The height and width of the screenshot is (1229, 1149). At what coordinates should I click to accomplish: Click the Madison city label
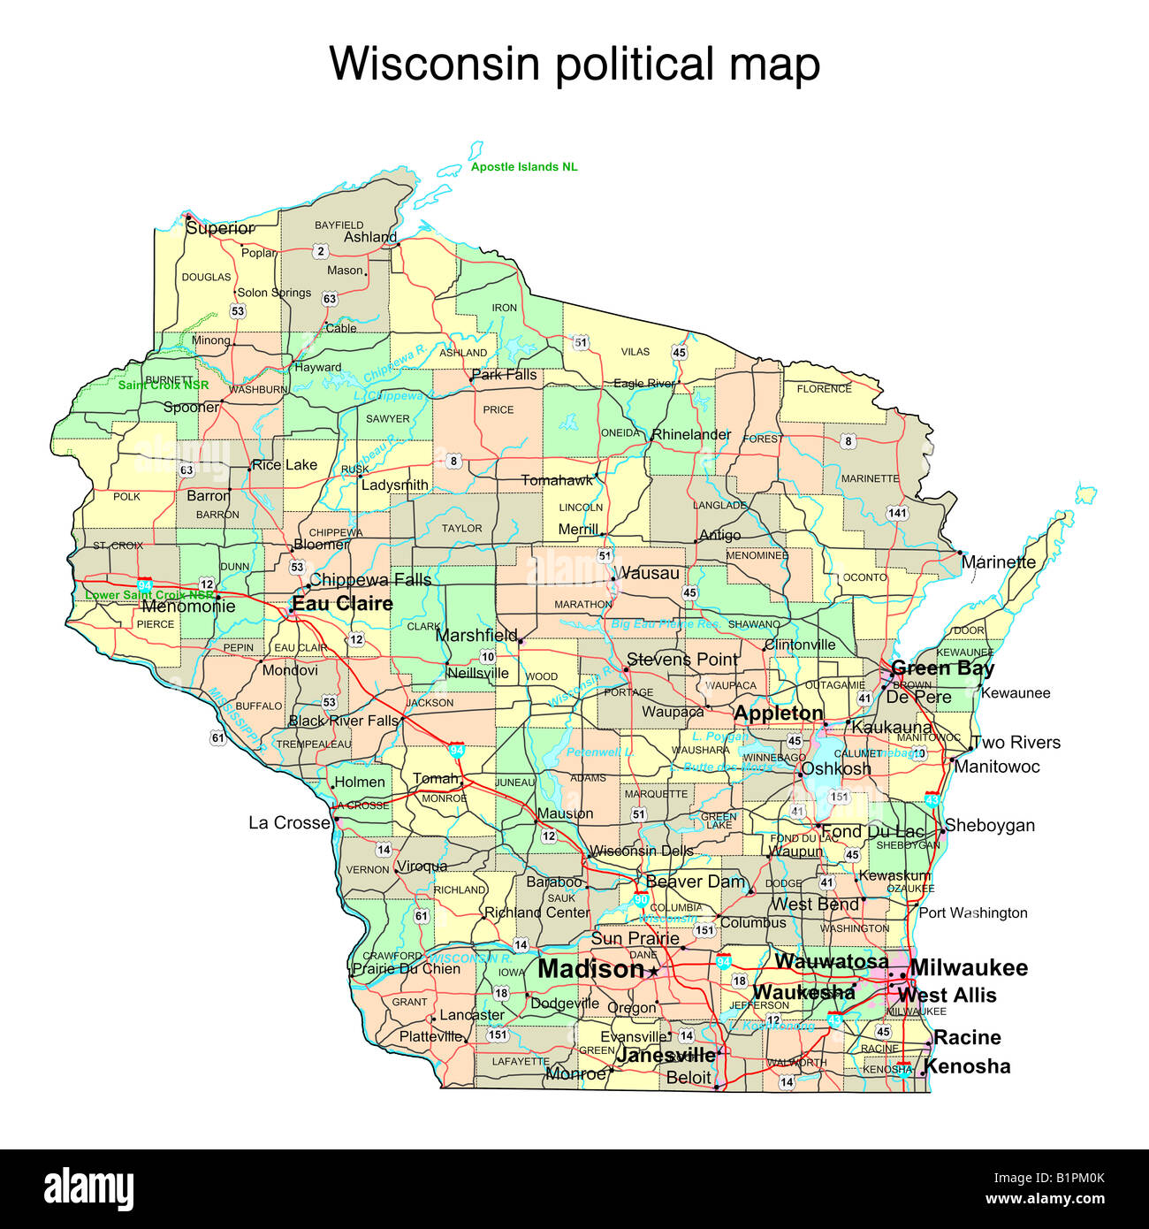click(590, 969)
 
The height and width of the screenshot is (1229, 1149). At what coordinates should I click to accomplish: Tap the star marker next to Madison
click(653, 972)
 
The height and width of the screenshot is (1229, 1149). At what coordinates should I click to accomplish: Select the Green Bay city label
click(942, 668)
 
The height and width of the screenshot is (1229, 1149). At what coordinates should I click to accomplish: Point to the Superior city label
click(220, 228)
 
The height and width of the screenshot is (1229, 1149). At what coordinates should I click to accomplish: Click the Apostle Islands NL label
click(524, 167)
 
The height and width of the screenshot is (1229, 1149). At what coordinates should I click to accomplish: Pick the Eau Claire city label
click(342, 604)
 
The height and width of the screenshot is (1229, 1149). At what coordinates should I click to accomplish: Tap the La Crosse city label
click(289, 823)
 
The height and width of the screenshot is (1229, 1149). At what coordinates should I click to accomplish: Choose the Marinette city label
click(998, 562)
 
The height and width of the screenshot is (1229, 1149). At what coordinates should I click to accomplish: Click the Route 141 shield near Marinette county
click(897, 513)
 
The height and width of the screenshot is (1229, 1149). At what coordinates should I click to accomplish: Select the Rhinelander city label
click(691, 435)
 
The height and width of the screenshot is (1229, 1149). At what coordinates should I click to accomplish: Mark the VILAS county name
click(635, 352)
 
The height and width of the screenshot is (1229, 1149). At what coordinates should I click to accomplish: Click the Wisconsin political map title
click(574, 64)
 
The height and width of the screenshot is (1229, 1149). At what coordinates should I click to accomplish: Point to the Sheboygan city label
click(990, 826)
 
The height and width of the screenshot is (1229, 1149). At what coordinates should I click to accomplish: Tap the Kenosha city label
click(967, 1066)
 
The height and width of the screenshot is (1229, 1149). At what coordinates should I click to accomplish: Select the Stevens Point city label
click(681, 660)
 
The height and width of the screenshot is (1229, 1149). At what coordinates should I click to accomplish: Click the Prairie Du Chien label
click(407, 969)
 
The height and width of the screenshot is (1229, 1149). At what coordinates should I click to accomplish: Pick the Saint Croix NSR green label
click(164, 385)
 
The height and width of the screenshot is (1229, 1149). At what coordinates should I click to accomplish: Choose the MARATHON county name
click(582, 605)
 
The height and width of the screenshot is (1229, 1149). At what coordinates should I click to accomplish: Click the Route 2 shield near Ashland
click(321, 252)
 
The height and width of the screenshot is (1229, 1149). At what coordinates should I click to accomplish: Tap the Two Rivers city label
click(1016, 743)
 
